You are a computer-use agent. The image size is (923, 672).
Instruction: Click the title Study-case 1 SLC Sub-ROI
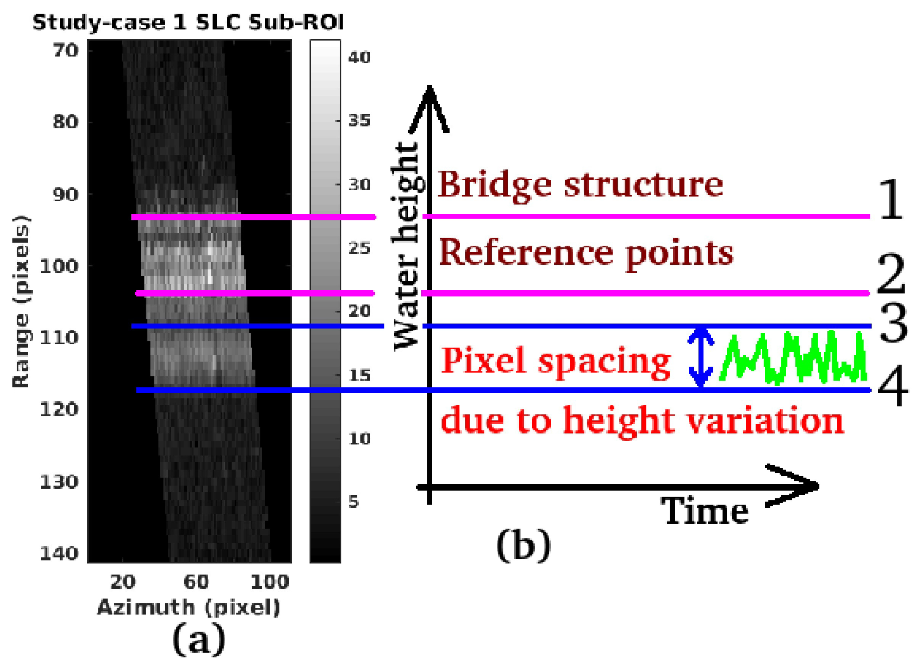point(188,23)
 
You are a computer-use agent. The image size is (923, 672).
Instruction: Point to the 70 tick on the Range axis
point(65,51)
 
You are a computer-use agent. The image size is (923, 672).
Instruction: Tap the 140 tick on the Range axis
point(59,553)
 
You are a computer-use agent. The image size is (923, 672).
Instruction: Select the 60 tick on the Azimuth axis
point(196,582)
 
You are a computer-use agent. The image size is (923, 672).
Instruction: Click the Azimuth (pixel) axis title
point(189,608)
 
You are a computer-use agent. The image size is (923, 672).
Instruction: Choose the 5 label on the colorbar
point(354,502)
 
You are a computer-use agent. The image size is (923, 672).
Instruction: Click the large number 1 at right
point(890,200)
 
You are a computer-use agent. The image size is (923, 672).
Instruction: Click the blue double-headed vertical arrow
point(700,358)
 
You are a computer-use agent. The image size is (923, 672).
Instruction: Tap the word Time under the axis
point(704,511)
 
